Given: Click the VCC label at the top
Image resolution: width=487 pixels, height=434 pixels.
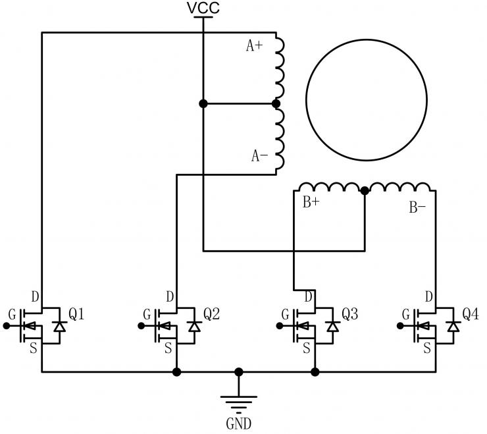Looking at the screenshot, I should [203, 8].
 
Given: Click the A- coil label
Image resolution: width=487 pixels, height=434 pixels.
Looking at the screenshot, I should [259, 155].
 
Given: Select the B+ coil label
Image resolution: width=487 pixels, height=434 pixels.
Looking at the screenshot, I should [311, 203].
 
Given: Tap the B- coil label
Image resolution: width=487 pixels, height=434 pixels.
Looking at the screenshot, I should [417, 207].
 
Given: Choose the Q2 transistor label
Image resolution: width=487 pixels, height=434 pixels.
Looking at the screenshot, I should [211, 314].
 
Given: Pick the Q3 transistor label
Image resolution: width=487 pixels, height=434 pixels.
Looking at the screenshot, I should [349, 314].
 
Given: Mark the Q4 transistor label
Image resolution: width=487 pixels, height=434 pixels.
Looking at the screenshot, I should [470, 314].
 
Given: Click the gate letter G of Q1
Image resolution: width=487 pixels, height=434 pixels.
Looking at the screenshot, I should [11, 314].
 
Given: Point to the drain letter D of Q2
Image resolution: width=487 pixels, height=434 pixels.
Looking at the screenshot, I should [169, 298].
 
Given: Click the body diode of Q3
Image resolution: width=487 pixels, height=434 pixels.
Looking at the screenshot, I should [333, 325].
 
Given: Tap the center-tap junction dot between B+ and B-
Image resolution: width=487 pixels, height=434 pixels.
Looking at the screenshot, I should [365, 190].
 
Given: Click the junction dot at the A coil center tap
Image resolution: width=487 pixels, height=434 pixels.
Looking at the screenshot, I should [276, 103].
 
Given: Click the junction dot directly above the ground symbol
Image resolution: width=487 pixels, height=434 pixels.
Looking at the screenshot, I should [238, 372].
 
